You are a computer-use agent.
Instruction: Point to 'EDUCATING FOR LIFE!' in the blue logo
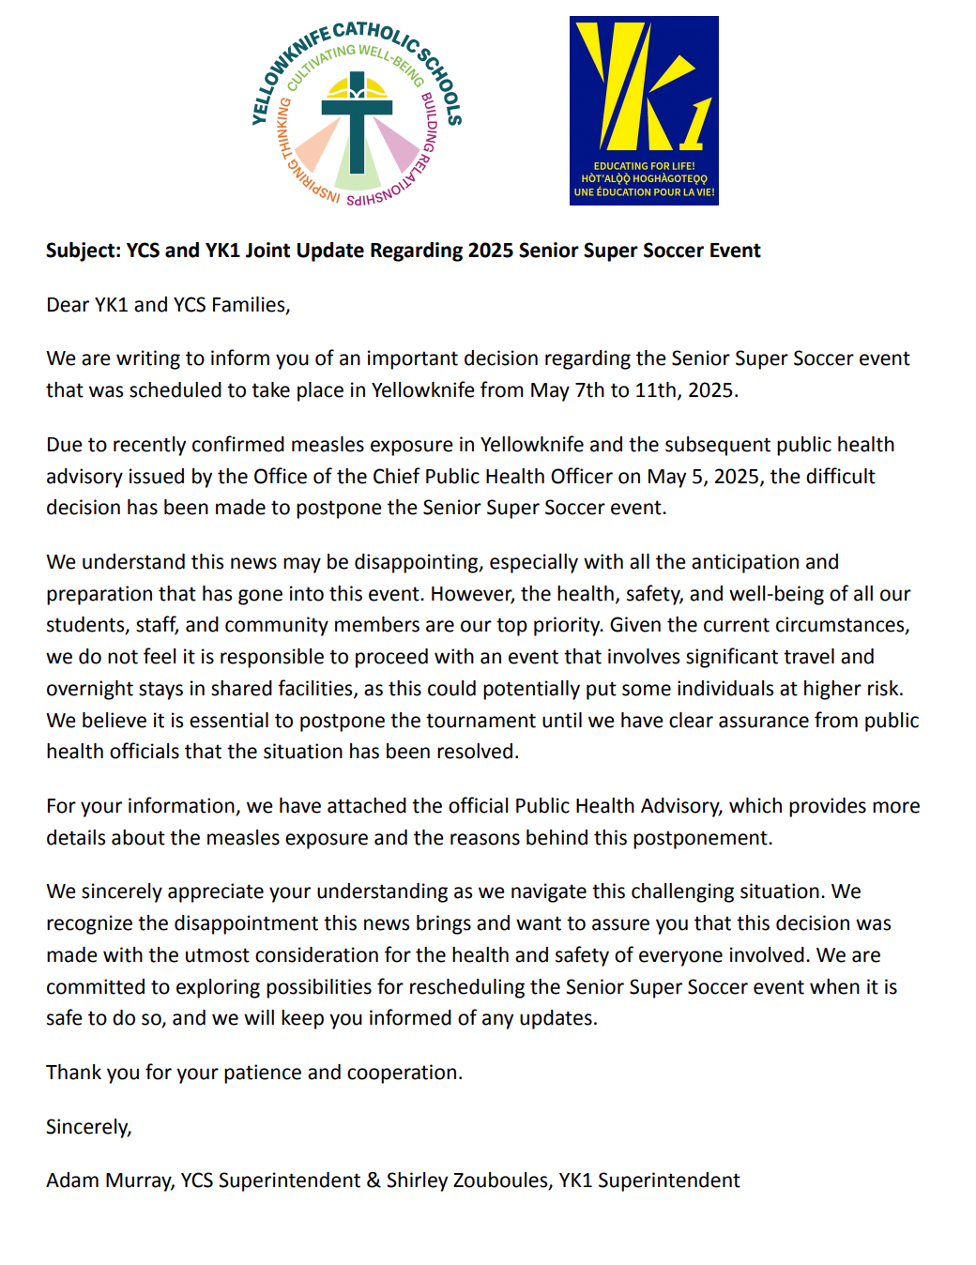coord(644,166)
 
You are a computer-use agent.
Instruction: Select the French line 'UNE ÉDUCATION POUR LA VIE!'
coord(644,192)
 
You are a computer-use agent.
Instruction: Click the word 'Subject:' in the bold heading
coord(83,251)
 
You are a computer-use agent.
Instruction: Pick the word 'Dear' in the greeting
coord(68,305)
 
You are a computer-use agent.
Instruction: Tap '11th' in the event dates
coord(655,390)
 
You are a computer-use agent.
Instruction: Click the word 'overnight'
coord(90,689)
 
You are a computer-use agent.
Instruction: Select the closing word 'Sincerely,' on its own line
coord(89,1127)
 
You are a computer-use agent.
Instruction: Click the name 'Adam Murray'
coord(110,1181)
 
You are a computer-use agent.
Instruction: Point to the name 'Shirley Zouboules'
coord(467,1181)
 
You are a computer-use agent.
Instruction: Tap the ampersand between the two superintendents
coord(374,1181)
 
